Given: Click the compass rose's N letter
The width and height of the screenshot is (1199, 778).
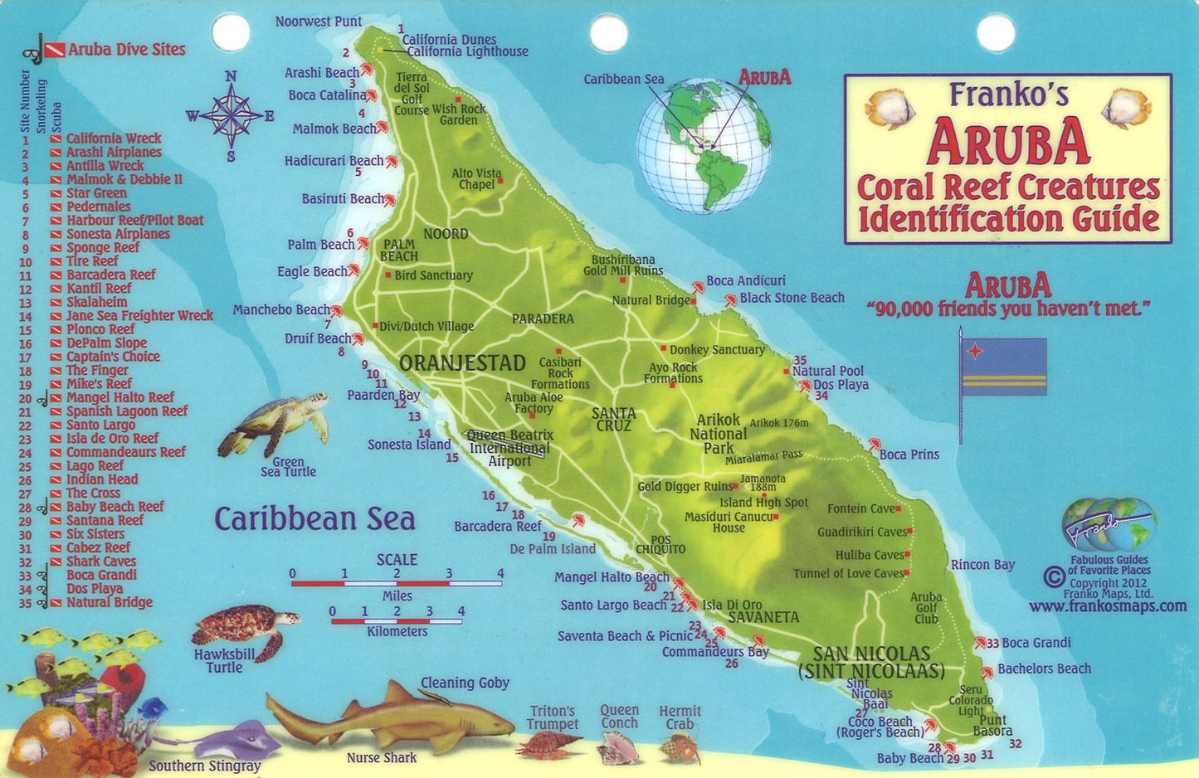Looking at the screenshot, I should [x=231, y=76].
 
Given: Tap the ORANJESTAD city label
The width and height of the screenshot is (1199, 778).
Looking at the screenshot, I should [x=462, y=363].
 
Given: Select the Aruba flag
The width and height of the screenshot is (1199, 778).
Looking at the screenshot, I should [x=1003, y=366].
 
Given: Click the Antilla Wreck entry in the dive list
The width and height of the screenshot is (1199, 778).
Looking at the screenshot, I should [x=105, y=166].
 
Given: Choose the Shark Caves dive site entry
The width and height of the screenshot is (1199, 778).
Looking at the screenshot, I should [x=100, y=562].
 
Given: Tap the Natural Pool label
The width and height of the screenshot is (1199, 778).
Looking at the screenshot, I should [x=827, y=371].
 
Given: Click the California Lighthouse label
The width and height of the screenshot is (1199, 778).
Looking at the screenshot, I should [x=467, y=51].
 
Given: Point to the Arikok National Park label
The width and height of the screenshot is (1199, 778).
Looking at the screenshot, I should [x=718, y=434].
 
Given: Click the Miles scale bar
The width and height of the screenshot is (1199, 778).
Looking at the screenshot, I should [x=396, y=583].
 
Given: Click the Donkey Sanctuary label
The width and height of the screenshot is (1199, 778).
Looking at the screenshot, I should [x=717, y=350].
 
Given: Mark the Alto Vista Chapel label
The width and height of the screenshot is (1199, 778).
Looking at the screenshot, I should [x=476, y=179].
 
